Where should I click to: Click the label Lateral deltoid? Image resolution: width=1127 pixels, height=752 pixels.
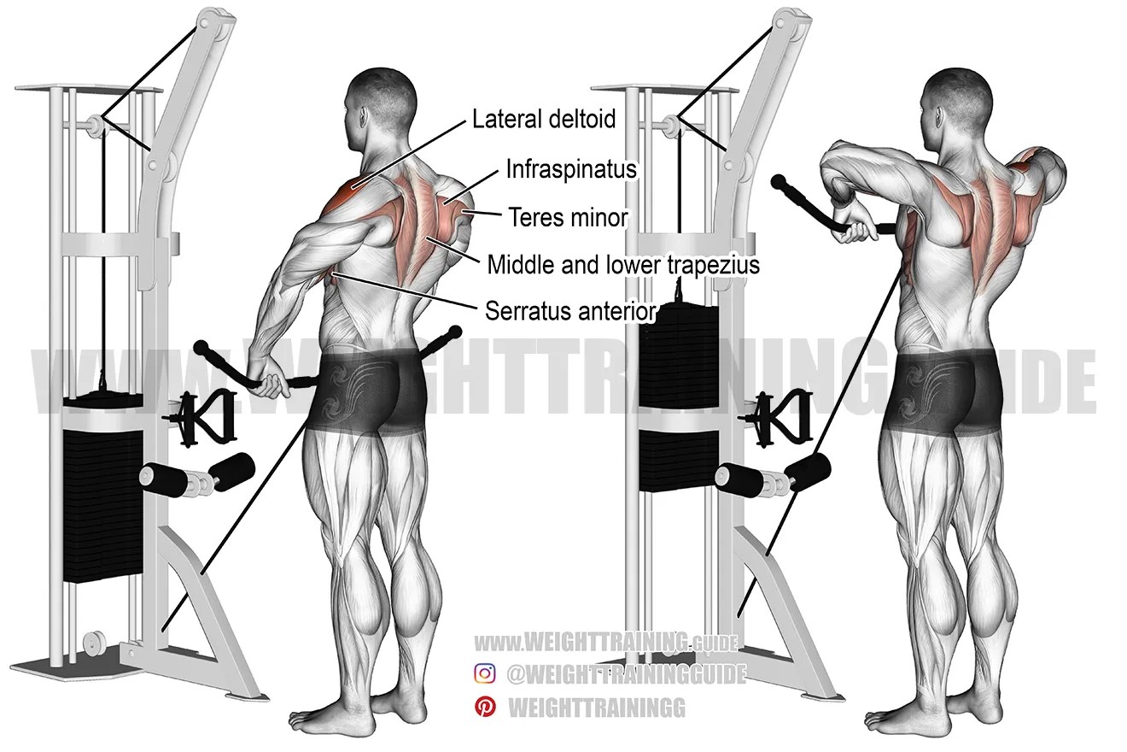pos(544,119)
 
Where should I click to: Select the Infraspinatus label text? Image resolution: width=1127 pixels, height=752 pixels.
pos(570,168)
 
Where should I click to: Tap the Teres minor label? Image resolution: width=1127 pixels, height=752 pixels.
pos(568,217)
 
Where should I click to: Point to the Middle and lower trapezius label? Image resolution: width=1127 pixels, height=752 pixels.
pos(623,265)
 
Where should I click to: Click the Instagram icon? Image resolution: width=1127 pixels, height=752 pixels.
pos(485,673)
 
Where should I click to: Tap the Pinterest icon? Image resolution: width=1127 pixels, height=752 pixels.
pos(485,707)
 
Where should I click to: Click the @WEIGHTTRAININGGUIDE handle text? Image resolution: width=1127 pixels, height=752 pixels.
pos(626,674)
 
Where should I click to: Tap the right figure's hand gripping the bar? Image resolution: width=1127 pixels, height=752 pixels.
pos(853,227)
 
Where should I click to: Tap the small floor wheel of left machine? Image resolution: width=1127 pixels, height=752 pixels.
pos(93,640)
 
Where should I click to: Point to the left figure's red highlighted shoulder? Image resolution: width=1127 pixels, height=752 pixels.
pos(346,193)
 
